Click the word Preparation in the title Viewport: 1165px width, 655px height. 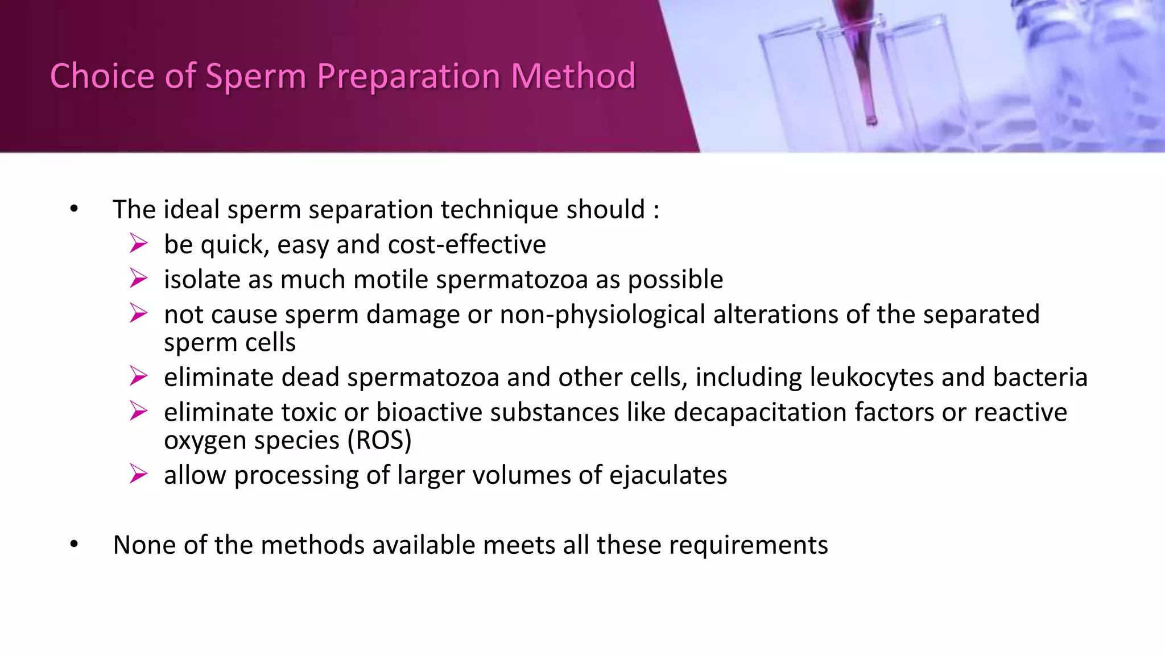(408, 76)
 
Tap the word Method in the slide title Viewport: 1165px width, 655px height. (573, 76)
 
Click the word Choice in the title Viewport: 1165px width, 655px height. (102, 76)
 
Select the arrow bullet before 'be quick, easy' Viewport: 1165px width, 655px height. (138, 243)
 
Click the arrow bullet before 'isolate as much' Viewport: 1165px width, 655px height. (138, 279)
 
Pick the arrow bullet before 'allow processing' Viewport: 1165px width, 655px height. (138, 474)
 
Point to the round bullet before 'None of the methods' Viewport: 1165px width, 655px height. (74, 545)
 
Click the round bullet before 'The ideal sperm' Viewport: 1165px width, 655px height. (74, 209)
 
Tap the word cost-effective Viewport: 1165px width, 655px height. (466, 244)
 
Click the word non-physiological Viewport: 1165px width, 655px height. (602, 314)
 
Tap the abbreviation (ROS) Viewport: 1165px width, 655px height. (379, 441)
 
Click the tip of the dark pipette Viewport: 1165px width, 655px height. (871, 121)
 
